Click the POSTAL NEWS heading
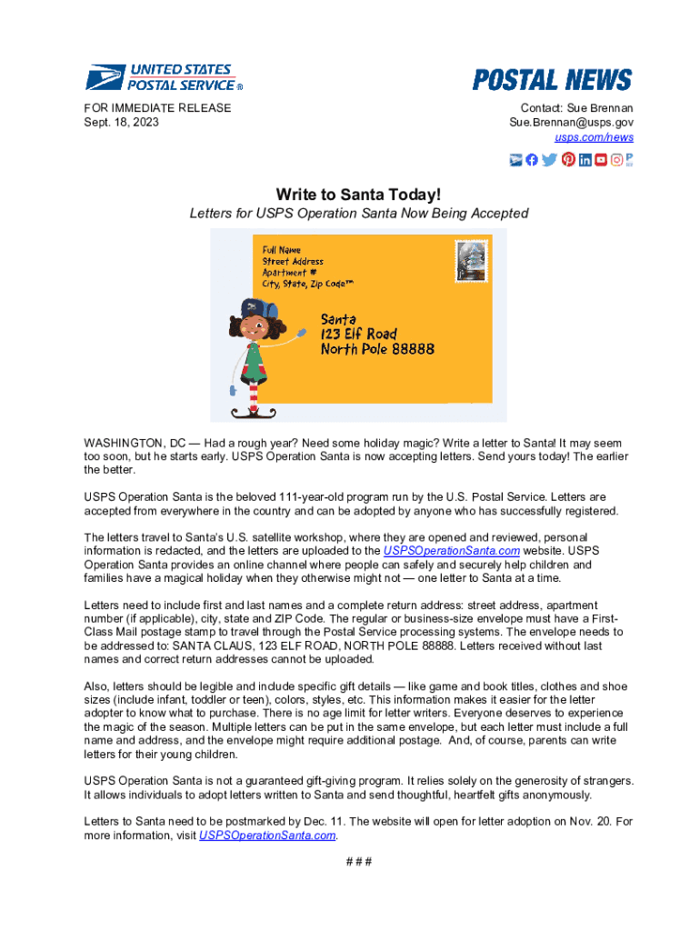[x=552, y=80]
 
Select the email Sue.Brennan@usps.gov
[x=571, y=122]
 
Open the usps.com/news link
[x=595, y=137]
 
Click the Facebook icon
[x=533, y=160]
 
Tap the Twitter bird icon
[x=550, y=160]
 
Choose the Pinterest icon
[x=568, y=160]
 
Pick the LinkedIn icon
[x=585, y=160]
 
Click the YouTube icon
[x=601, y=160]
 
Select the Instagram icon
[x=617, y=160]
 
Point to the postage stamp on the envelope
[x=472, y=262]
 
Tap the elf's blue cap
[x=256, y=311]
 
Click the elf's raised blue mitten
[x=303, y=337]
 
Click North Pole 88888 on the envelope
[x=377, y=349]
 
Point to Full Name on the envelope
[x=282, y=249]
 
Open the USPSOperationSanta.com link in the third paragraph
[x=452, y=551]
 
